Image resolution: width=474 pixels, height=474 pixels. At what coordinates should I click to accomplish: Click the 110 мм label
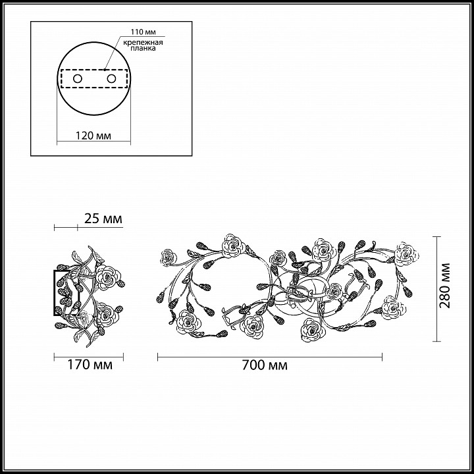144,32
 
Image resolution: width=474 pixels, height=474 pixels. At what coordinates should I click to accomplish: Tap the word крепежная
143,42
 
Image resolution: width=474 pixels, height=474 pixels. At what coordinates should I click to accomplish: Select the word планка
144,48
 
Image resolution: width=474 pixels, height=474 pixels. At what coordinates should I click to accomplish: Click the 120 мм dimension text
93,136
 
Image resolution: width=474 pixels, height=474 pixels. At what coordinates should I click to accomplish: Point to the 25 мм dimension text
103,219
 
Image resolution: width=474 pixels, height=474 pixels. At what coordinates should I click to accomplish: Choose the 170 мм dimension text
89,365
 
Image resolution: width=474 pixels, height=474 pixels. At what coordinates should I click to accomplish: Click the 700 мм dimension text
265,365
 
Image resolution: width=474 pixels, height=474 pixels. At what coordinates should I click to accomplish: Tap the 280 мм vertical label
444,285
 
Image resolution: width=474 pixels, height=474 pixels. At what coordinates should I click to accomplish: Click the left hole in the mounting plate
78,79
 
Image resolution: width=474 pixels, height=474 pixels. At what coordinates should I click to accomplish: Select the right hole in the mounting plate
111,79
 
